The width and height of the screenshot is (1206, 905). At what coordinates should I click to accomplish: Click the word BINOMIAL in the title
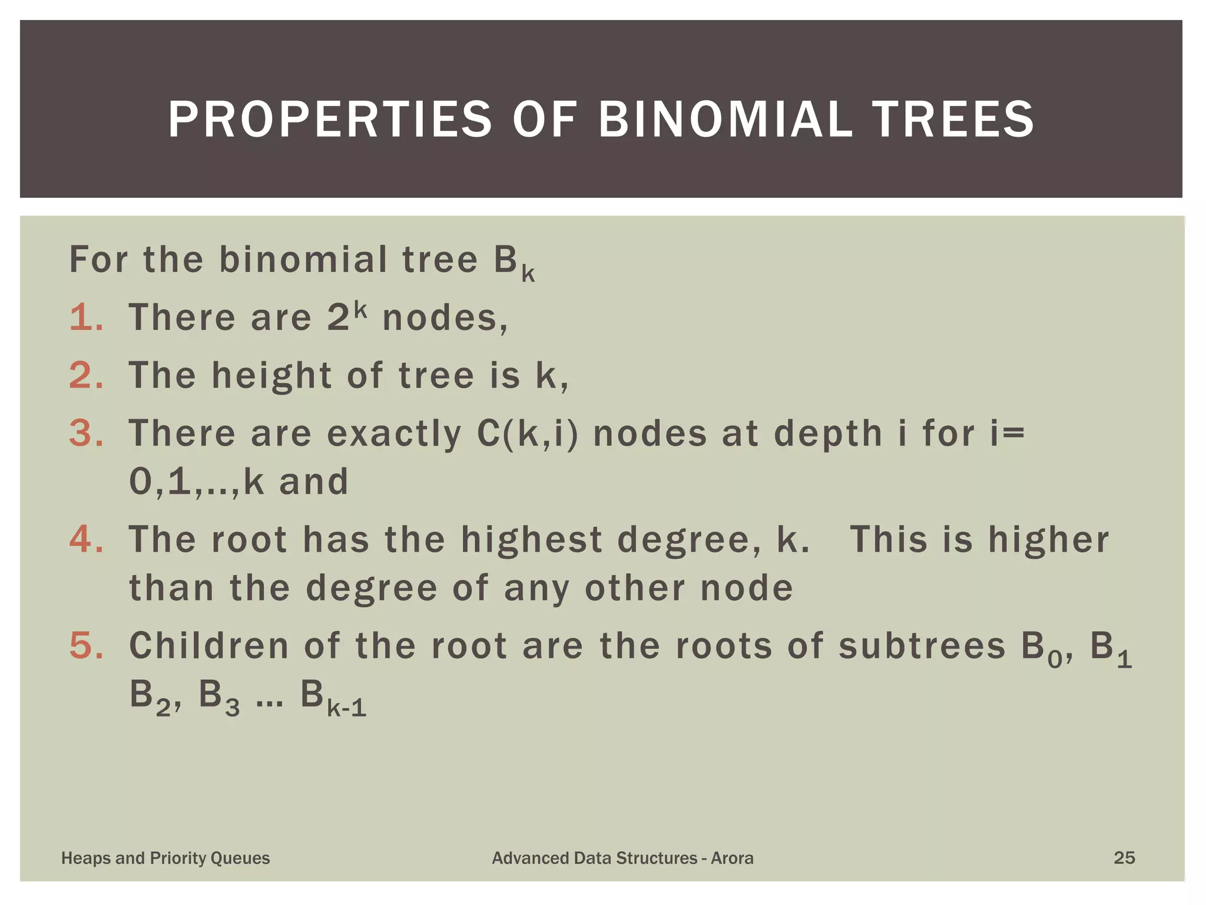725,119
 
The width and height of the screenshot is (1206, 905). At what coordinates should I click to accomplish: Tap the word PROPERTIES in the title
330,119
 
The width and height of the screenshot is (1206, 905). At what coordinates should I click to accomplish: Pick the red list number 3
86,433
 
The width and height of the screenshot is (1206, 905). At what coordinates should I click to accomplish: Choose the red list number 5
86,645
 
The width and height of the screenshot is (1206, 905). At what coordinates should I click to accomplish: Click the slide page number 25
1124,858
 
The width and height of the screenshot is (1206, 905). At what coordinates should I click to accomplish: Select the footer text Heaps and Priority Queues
165,858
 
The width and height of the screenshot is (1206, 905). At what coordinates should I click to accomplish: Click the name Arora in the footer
732,858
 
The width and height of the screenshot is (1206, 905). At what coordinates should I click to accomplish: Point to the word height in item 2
271,376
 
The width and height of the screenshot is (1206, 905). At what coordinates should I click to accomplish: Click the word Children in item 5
208,645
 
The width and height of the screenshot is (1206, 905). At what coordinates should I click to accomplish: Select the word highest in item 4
531,540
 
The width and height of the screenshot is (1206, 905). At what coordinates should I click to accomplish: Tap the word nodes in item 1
445,318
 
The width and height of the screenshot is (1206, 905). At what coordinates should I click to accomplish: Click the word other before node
634,588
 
